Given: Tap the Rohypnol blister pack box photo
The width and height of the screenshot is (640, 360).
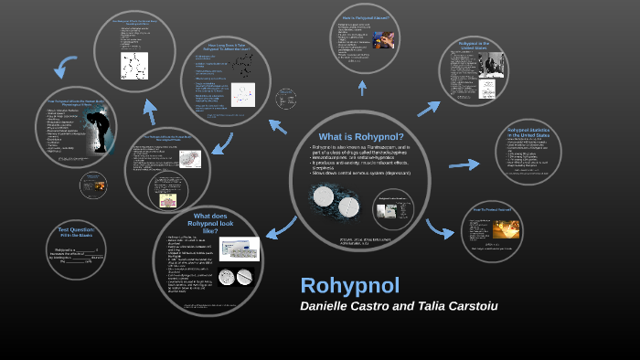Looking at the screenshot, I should point(240,249).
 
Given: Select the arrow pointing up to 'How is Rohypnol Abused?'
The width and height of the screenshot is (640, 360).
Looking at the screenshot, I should point(363,87).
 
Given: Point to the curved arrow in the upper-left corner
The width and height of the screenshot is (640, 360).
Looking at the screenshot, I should point(65,66).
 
